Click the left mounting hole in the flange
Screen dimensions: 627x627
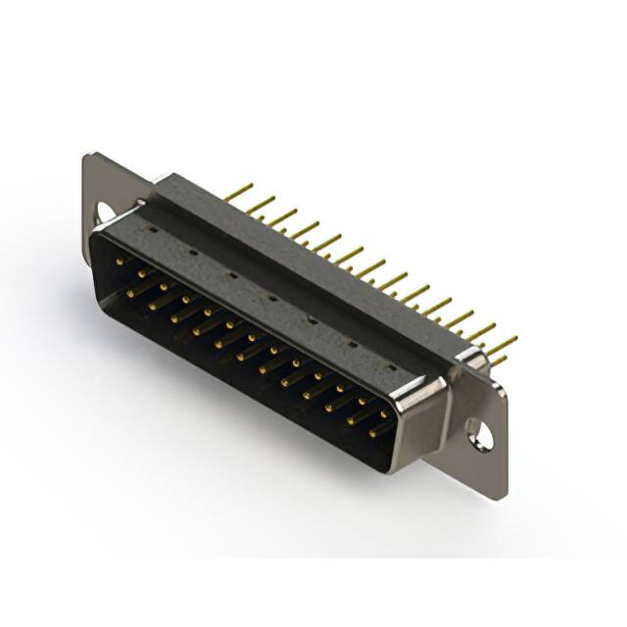pos(103,210)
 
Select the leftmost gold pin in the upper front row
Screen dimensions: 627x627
pos(120,262)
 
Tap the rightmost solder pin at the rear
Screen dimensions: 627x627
pos(503,343)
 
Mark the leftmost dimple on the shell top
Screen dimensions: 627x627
pos(154,230)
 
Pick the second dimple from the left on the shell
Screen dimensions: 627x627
pos(192,252)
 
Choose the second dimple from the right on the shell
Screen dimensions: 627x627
pos(351,343)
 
